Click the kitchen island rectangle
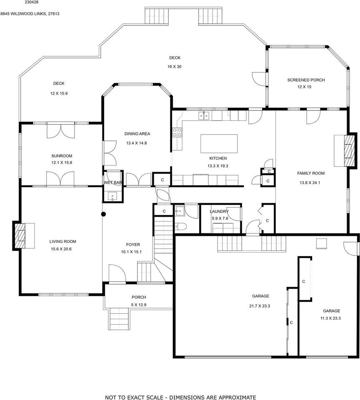pos(219,144)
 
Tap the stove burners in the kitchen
pos(177,132)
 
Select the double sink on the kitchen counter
pos(204,116)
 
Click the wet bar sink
pos(112,196)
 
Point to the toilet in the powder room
pos(181,226)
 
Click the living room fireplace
pos(20,235)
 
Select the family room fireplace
pos(349,150)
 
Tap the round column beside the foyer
pos(104,214)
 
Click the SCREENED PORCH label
pos(306,80)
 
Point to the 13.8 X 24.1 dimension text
pos(310,182)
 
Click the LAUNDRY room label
pos(219,212)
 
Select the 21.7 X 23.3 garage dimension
pos(260,306)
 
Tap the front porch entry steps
pos(120,319)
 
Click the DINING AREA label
pos(137,134)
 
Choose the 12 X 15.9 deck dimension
pos(59,93)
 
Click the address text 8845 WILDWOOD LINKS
pos(23,14)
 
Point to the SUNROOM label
pos(62,156)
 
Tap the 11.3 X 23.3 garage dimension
pos(330,318)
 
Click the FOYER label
pos(133,245)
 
